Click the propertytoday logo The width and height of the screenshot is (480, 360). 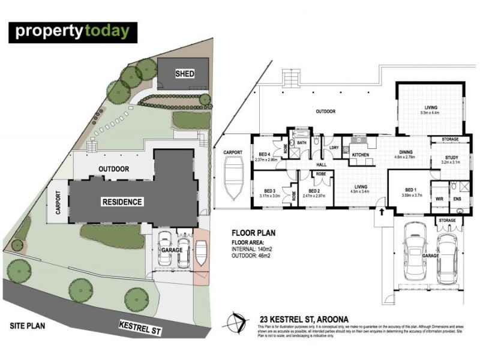coord(73,32)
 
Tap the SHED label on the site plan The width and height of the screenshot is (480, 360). coord(184,74)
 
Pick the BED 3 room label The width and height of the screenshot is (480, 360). coord(265,190)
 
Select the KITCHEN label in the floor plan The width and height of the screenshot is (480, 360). coord(361,155)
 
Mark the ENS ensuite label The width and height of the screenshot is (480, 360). coord(457,198)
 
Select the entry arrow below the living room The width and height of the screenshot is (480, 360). coord(380,214)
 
